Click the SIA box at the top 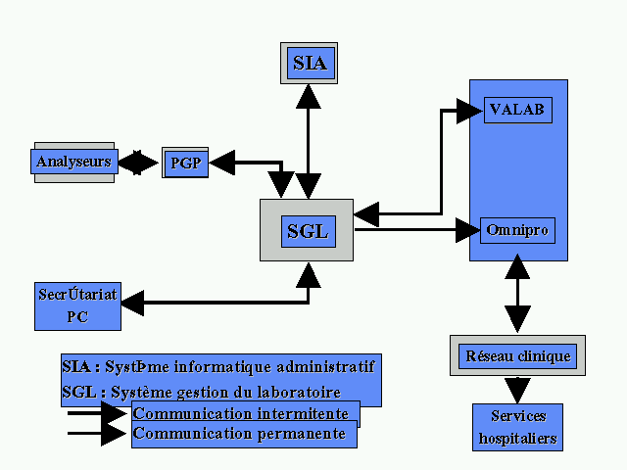[x=309, y=64]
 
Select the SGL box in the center [x=307, y=231]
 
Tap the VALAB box [x=518, y=110]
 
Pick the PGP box [x=185, y=163]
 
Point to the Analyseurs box [x=74, y=162]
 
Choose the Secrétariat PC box [x=77, y=305]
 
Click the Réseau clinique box [x=517, y=355]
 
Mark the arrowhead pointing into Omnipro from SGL [x=470, y=231]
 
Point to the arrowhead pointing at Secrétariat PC [x=132, y=304]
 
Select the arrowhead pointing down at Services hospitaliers [x=517, y=389]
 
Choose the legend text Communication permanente [x=239, y=433]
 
